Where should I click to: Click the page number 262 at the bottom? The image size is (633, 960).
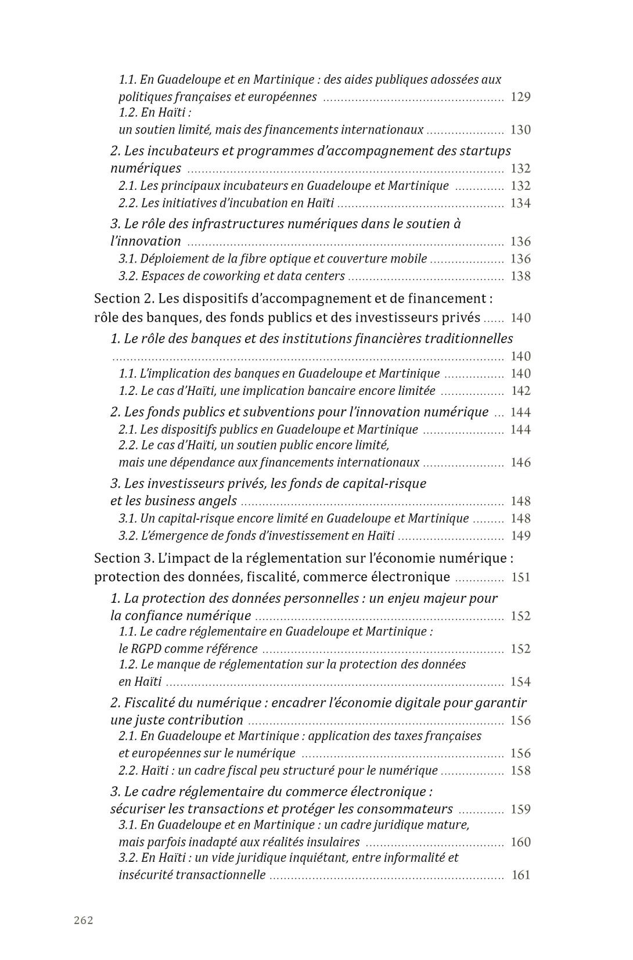coord(84,920)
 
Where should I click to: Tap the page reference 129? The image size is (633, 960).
coord(520,97)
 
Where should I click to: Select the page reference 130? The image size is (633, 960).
coord(520,130)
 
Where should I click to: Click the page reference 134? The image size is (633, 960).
coord(520,203)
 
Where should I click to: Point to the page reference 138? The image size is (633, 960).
coord(520,276)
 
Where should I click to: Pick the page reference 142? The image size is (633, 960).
coord(520,391)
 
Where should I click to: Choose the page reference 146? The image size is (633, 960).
coord(520,463)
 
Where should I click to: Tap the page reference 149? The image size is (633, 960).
coord(520,536)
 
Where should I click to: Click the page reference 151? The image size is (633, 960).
coord(520,577)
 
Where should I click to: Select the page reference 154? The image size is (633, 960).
coord(520,682)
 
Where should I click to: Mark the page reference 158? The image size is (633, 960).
coord(520,771)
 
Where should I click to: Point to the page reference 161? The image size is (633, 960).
coord(520,875)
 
